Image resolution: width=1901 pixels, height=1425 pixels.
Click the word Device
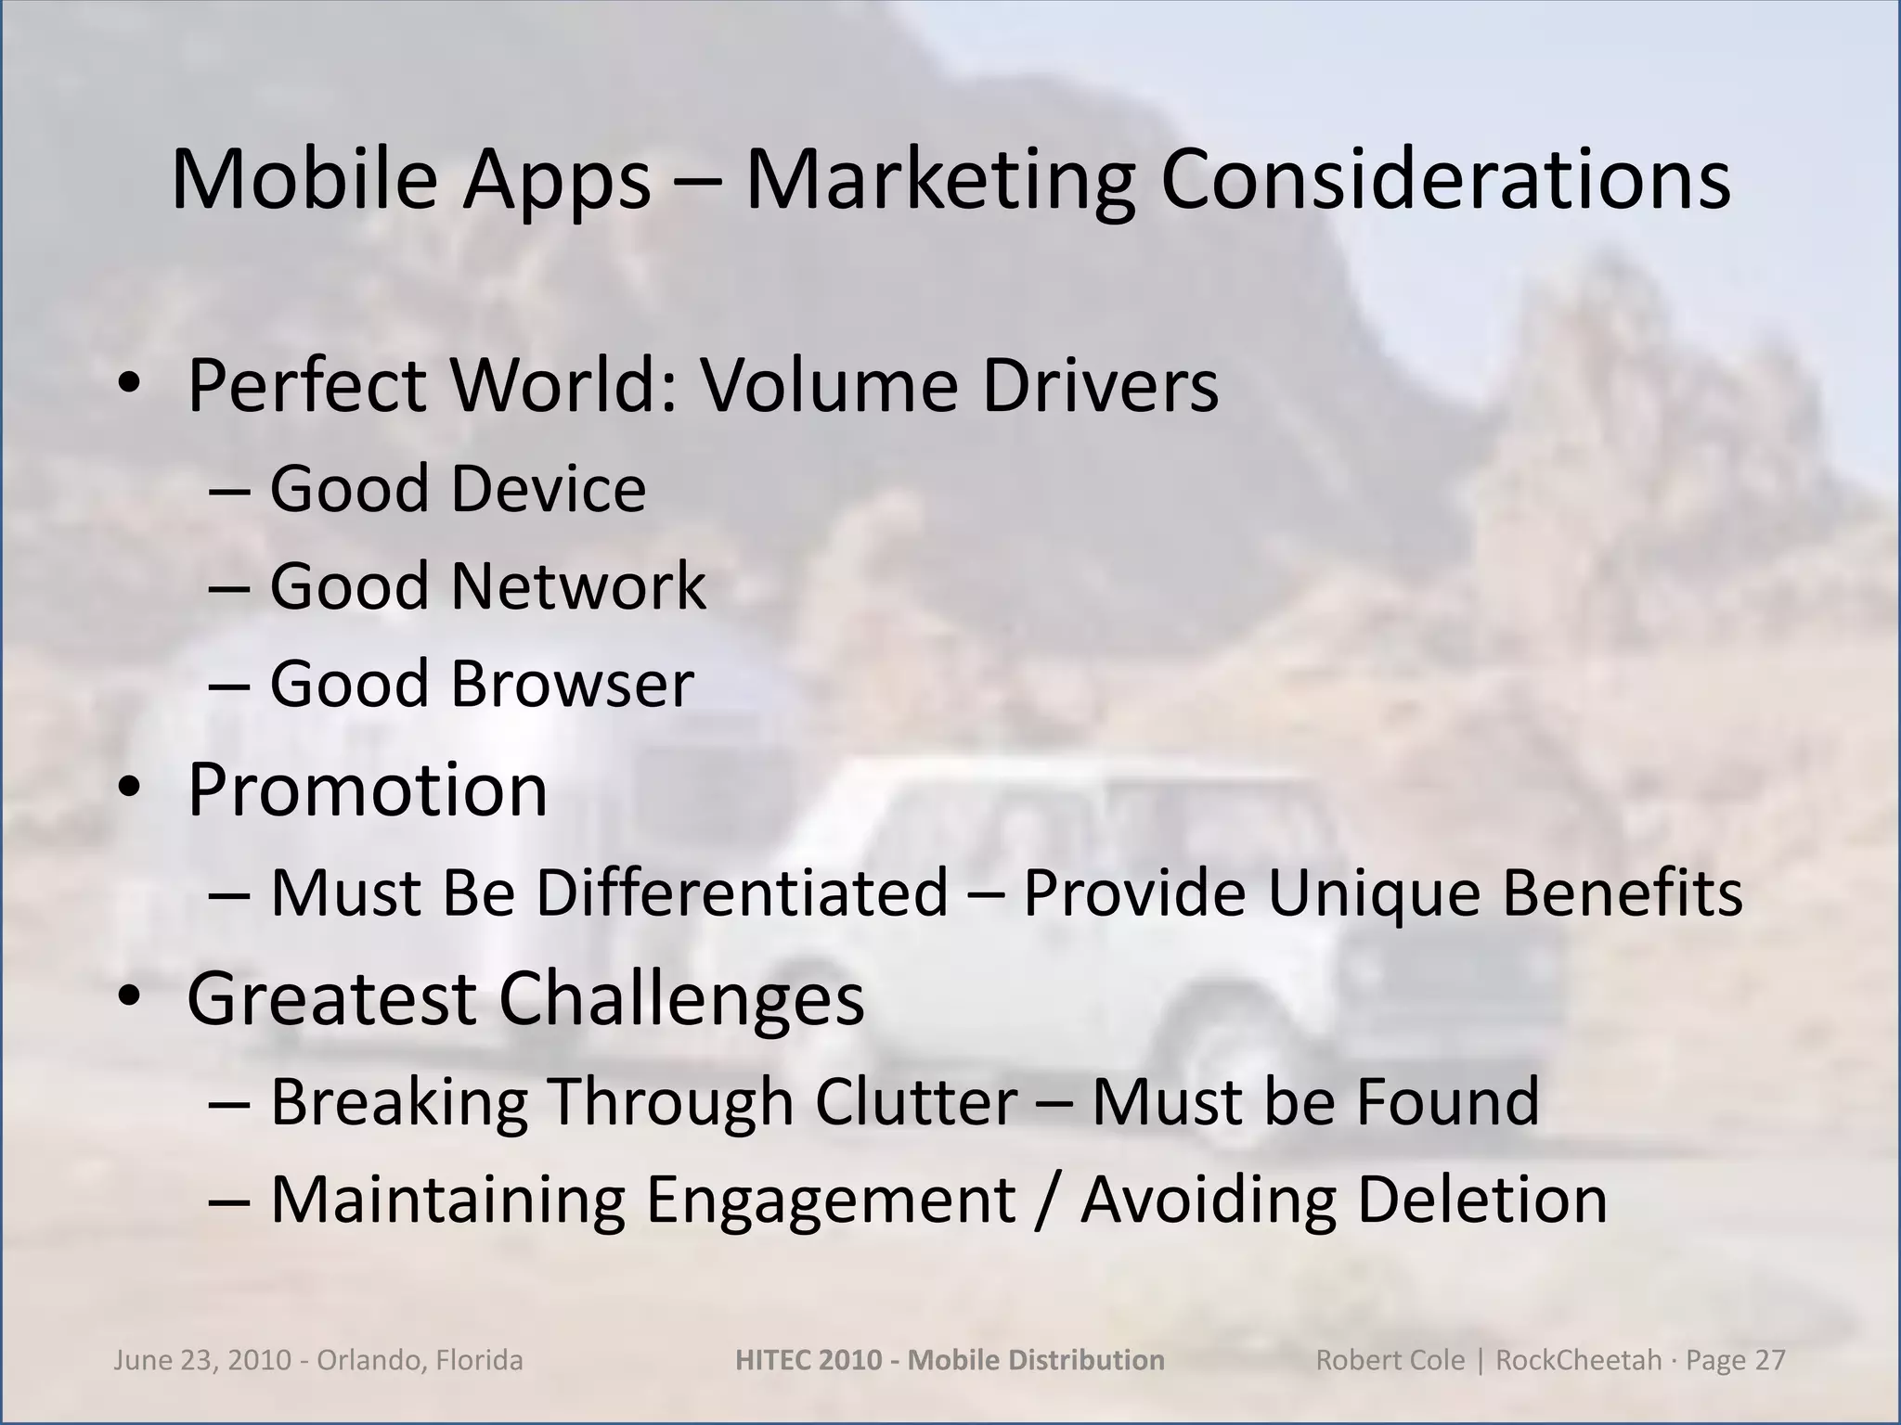[x=549, y=489]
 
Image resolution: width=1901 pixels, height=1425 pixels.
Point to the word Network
[x=578, y=586]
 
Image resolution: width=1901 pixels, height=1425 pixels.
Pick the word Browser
[x=572, y=684]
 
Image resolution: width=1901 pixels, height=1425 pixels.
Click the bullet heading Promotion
[x=368, y=790]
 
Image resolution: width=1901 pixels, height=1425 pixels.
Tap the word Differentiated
[x=742, y=892]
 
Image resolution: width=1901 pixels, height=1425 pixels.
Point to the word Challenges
[x=680, y=998]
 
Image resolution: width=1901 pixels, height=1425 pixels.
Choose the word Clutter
[x=916, y=1101]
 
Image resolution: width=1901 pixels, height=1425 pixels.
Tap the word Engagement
[x=831, y=1200]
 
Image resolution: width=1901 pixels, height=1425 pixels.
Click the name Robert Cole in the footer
[x=1390, y=1360]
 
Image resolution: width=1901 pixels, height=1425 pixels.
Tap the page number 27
[x=1769, y=1360]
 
